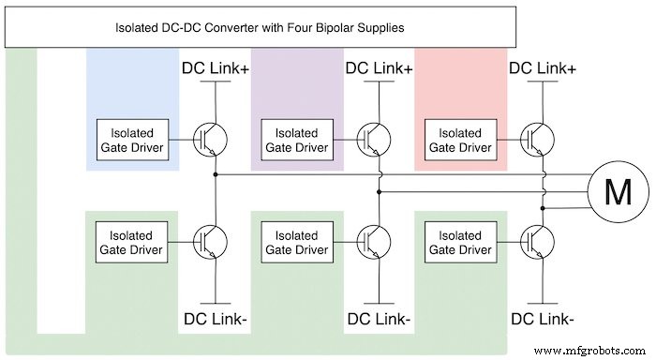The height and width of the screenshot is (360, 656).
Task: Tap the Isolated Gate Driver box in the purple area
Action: [x=296, y=140]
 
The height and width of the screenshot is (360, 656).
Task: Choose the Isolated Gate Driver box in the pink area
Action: [x=459, y=140]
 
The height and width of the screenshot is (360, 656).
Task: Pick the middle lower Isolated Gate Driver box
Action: [x=296, y=242]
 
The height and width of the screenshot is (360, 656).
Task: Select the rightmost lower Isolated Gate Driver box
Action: [x=459, y=242]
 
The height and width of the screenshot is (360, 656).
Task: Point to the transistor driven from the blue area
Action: [x=211, y=140]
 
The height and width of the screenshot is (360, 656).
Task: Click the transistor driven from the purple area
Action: [x=374, y=140]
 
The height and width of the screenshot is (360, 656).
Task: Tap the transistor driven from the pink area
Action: [x=536, y=140]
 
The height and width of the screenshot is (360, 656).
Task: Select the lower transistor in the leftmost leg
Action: [x=211, y=242]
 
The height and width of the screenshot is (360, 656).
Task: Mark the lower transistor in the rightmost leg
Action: [x=536, y=242]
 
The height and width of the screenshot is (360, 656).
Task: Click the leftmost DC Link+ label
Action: [x=214, y=68]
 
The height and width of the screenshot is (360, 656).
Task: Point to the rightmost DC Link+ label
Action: [x=541, y=68]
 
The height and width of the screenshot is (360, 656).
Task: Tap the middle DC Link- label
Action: [x=378, y=319]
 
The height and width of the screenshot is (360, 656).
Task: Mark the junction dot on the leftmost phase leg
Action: [x=216, y=174]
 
